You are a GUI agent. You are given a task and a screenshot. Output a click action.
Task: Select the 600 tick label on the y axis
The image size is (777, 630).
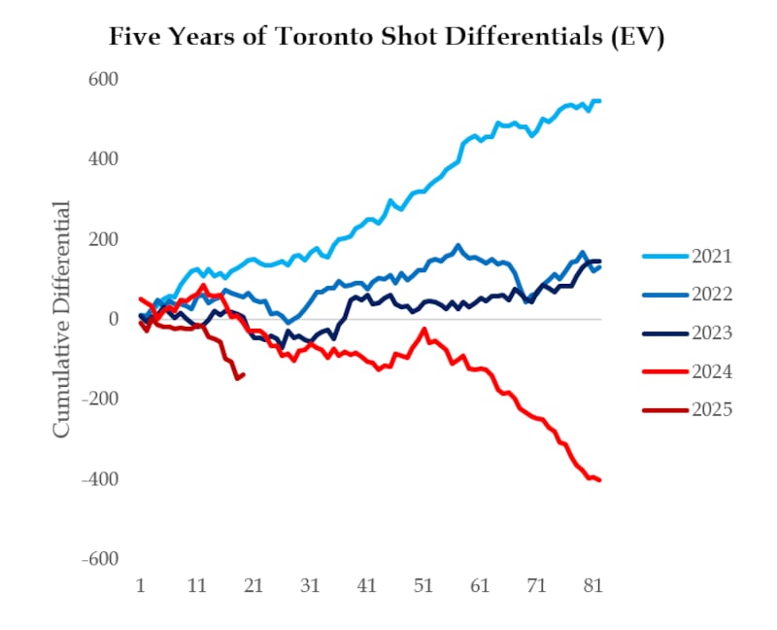pos(104,79)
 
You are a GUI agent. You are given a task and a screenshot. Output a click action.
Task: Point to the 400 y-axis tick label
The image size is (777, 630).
pos(104,158)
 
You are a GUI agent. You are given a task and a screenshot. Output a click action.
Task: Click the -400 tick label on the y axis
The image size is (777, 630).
pos(100,479)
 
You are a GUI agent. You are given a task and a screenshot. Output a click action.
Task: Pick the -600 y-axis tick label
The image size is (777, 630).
pos(100,560)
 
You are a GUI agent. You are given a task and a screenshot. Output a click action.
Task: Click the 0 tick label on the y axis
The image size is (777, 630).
pos(113,319)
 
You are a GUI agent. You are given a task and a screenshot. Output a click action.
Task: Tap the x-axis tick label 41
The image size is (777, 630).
pos(366,587)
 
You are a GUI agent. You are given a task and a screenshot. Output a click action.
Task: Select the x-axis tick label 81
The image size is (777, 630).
pos(593,587)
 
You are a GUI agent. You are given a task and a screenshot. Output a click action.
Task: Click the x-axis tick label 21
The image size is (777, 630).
pos(253,587)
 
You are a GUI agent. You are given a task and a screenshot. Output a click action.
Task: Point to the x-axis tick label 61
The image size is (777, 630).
pos(480,587)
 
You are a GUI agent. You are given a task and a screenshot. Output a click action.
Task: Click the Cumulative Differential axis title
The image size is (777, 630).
pos(61,319)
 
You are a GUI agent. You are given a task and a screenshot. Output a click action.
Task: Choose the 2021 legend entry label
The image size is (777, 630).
pos(712,257)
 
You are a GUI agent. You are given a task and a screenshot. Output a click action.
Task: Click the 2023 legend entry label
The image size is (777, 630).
pos(712,333)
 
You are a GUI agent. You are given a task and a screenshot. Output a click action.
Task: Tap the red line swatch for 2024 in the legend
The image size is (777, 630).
pos(664,371)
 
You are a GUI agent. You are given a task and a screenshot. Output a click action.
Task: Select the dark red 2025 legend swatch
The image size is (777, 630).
pos(664,409)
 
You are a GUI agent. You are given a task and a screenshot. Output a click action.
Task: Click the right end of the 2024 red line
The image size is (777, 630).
pos(599,479)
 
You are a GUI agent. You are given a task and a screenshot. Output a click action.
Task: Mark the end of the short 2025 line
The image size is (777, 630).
pos(243,374)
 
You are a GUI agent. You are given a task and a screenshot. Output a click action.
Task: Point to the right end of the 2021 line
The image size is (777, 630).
pos(599,100)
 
